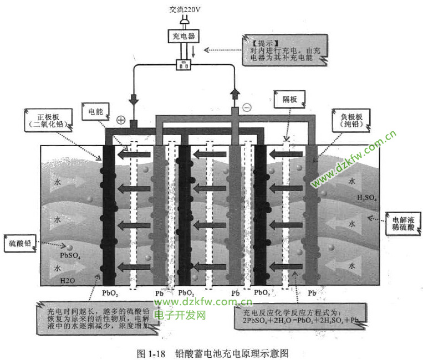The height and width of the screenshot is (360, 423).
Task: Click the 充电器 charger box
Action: pyautogui.click(x=183, y=37)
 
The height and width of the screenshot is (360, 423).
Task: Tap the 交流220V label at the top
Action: pyautogui.click(x=184, y=9)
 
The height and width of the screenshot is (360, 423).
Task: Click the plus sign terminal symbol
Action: pyautogui.click(x=121, y=119)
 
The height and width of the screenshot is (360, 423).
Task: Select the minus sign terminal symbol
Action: pyautogui.click(x=247, y=108)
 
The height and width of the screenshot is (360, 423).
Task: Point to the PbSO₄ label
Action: pyautogui.click(x=70, y=256)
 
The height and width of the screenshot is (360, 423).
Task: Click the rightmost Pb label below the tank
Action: pyautogui.click(x=312, y=292)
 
